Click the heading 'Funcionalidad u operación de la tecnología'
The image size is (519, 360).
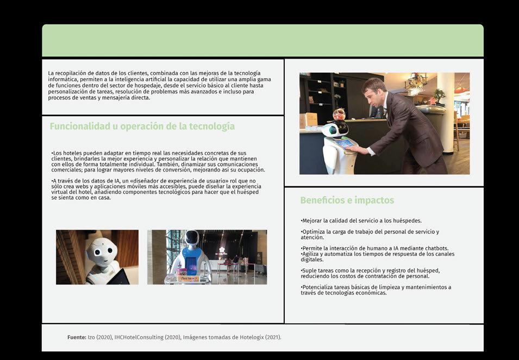click(x=142, y=127)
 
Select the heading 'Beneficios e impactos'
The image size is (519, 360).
click(x=347, y=200)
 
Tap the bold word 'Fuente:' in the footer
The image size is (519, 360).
click(x=77, y=338)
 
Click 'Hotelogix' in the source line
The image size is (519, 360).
click(x=252, y=338)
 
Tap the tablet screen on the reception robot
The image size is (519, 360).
click(x=343, y=144)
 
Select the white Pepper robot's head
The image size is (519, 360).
click(x=102, y=252)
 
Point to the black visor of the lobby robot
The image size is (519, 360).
click(x=192, y=238)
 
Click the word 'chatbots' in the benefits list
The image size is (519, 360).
click(x=436, y=248)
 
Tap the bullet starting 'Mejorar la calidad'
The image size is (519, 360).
click(x=361, y=220)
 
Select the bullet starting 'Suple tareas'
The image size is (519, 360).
click(x=371, y=273)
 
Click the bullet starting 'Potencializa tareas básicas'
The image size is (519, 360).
click(x=376, y=290)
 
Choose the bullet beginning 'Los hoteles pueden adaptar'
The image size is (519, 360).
click(x=158, y=162)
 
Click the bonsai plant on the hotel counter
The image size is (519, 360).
click(x=439, y=97)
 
